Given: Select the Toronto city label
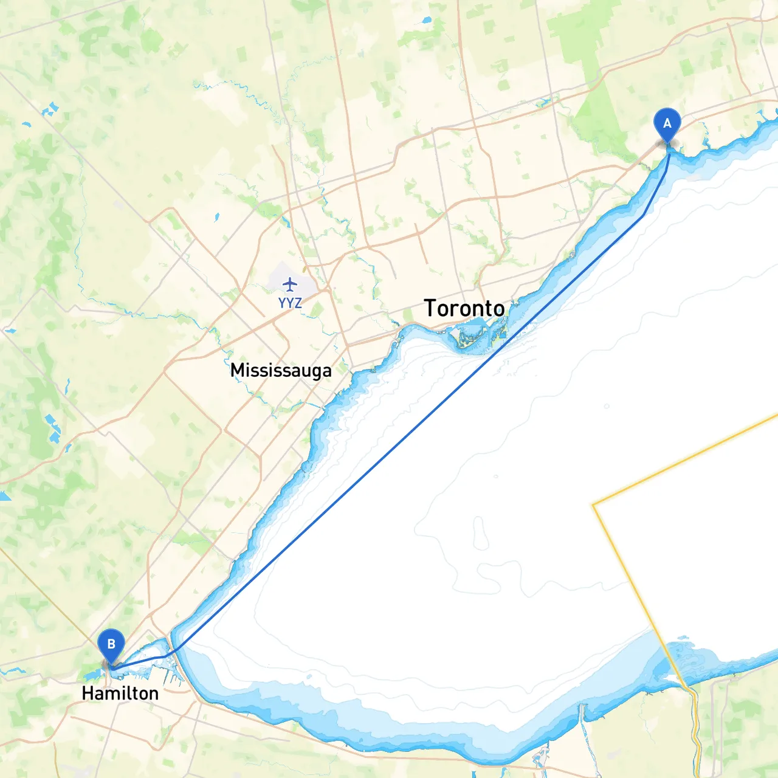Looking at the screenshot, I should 464,308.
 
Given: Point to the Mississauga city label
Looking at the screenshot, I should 281,370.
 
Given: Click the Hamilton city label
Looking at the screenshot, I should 120,693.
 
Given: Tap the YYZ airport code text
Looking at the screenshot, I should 290,303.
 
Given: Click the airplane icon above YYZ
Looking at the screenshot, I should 290,284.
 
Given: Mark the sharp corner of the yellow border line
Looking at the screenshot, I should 594,504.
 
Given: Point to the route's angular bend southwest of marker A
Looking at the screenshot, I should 643,215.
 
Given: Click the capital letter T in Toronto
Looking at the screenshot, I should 430,308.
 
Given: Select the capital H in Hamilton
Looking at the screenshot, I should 87,693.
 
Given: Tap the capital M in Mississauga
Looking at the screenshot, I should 237,370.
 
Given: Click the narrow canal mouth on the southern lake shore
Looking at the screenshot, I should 582,708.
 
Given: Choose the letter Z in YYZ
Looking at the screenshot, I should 298,303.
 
